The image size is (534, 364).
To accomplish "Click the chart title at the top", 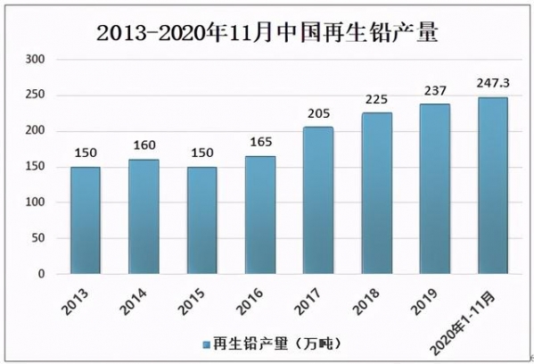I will (267, 34).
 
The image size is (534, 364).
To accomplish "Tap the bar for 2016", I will (259, 214).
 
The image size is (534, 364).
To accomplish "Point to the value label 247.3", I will (492, 83).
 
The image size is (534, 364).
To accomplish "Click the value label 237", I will (434, 90).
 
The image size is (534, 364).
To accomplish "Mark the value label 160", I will (144, 145).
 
